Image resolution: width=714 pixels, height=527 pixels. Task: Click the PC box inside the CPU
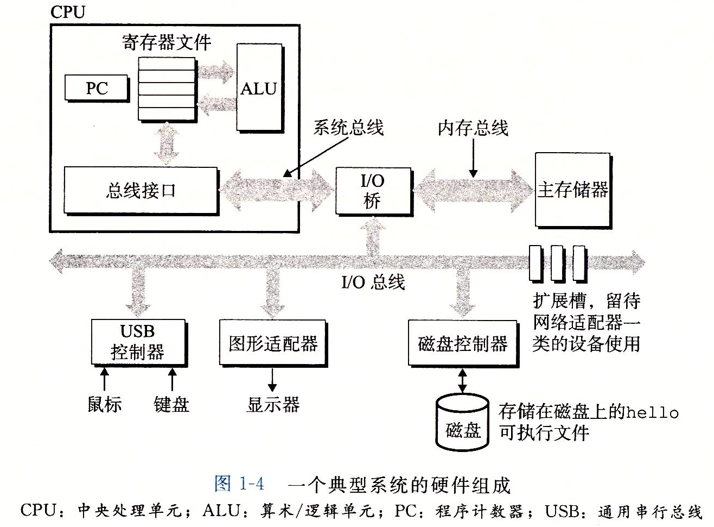pyautogui.click(x=97, y=88)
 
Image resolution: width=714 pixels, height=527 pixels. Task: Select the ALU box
pyautogui.click(x=259, y=87)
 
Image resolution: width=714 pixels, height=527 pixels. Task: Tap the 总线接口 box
pyautogui.click(x=141, y=190)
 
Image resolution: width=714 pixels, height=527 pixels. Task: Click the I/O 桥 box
pyautogui.click(x=373, y=191)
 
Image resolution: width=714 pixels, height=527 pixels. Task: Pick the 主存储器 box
pyautogui.click(x=572, y=190)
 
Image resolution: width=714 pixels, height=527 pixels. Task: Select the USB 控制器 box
pyautogui.click(x=138, y=342)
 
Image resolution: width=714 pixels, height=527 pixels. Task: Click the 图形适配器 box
pyautogui.click(x=273, y=343)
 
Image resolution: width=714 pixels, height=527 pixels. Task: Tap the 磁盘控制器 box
pyautogui.click(x=463, y=343)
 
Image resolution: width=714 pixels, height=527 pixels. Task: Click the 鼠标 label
pyautogui.click(x=105, y=404)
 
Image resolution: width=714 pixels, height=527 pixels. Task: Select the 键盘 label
pyautogui.click(x=171, y=404)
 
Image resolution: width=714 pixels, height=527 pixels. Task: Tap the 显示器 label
pyautogui.click(x=273, y=404)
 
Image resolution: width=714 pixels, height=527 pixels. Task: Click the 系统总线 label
pyautogui.click(x=348, y=128)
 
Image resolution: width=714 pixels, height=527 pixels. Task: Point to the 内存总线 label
pyautogui.click(x=473, y=128)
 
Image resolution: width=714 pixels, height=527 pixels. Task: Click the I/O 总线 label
pyautogui.click(x=373, y=282)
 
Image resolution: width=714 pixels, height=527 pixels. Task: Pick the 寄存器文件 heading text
pyautogui.click(x=167, y=42)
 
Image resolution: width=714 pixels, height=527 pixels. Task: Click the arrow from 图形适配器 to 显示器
pyautogui.click(x=272, y=379)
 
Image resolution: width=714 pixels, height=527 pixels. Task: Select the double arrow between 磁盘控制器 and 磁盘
pyautogui.click(x=462, y=381)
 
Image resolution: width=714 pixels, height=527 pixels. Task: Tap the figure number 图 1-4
pyautogui.click(x=239, y=484)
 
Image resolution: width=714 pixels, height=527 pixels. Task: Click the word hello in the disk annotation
pyautogui.click(x=652, y=412)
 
